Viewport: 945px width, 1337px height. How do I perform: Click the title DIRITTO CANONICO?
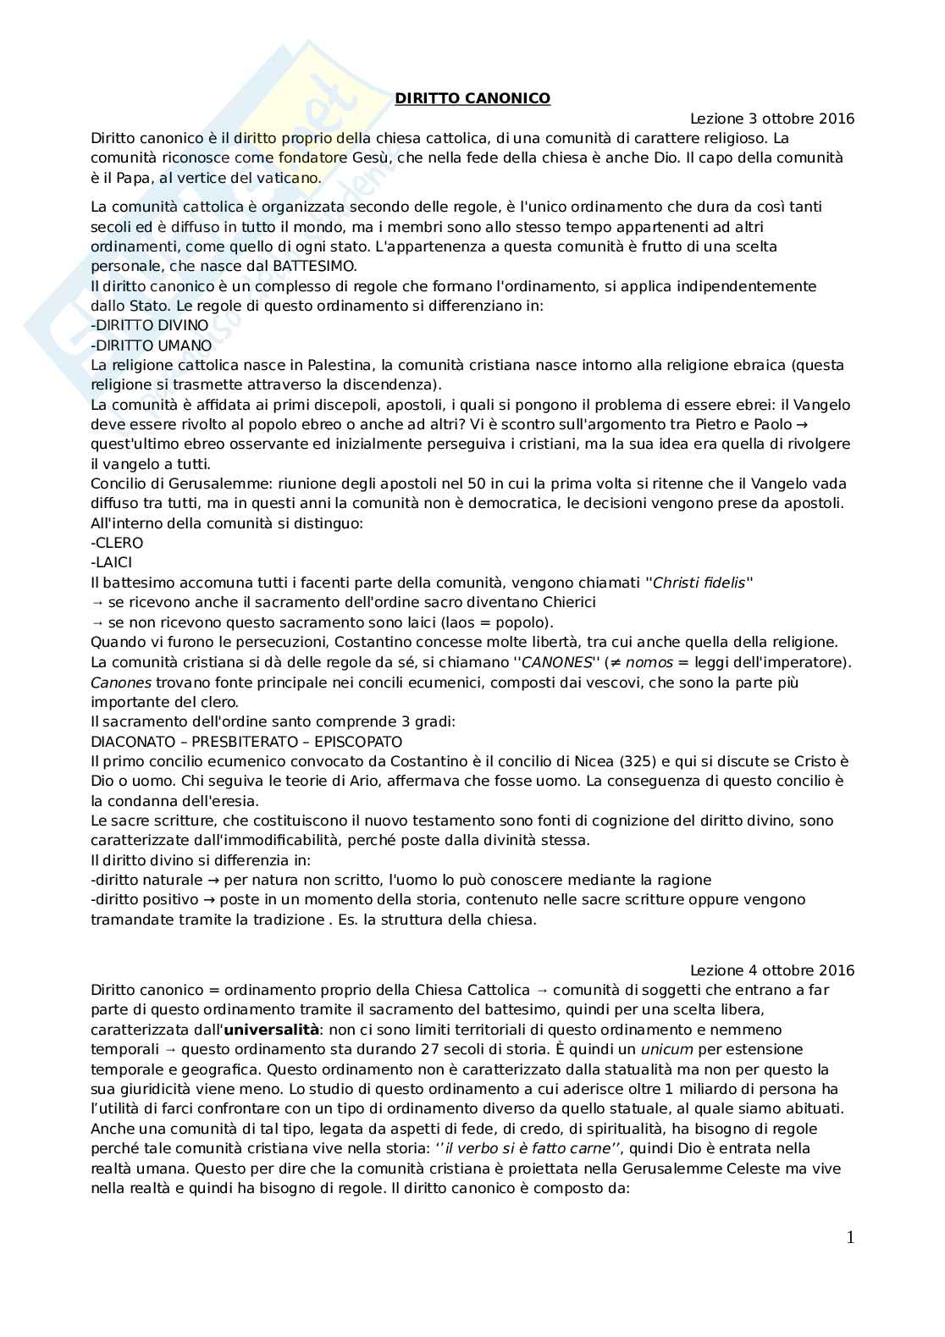point(472,98)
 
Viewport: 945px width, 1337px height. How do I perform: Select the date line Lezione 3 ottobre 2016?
point(771,119)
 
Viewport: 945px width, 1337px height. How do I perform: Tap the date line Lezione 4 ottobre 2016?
point(771,970)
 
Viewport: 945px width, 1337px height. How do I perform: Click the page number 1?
point(850,1238)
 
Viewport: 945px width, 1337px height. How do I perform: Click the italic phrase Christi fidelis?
point(699,583)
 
